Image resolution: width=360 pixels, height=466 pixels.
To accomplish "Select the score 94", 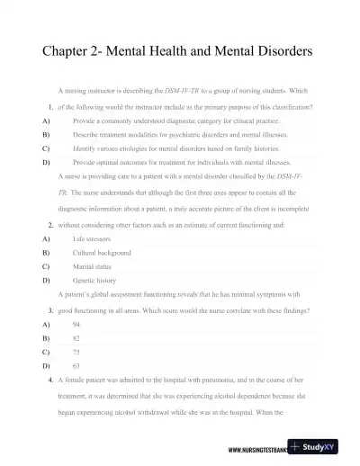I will pos(76,322).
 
